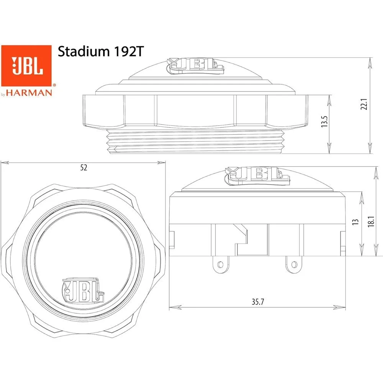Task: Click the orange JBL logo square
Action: (x=26, y=65)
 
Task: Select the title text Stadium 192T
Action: (x=100, y=52)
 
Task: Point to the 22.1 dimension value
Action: (x=364, y=105)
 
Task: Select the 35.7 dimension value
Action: (x=258, y=301)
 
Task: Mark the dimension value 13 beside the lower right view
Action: (x=355, y=221)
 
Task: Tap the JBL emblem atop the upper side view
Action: (x=195, y=65)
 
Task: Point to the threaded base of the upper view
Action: (x=195, y=142)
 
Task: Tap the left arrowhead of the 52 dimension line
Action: (x=3, y=163)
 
